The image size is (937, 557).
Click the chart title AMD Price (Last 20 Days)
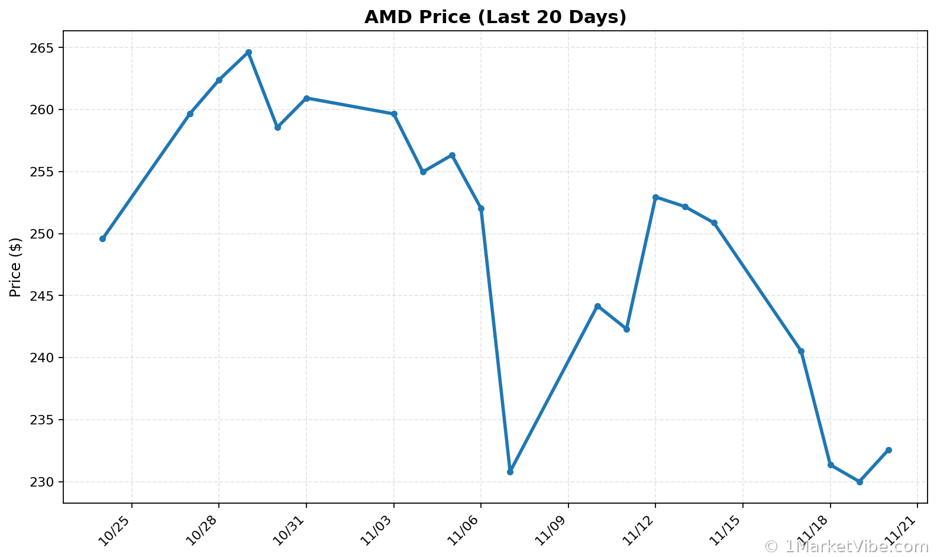pos(495,17)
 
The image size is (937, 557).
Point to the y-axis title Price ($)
pos(15,267)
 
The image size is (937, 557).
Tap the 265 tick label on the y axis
pos(42,48)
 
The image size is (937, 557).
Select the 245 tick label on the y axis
pos(42,296)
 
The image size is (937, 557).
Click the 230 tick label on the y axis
pos(42,482)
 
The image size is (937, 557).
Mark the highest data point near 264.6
pos(248,52)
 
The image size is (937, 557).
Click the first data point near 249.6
pos(102,239)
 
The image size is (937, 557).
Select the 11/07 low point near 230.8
pos(510,472)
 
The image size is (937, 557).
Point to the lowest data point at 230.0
pos(860,482)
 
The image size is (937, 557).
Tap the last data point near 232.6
pos(888,450)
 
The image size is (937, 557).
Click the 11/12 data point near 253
pos(655,197)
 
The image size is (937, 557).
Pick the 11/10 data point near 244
pos(597,306)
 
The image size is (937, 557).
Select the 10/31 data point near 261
pos(306,98)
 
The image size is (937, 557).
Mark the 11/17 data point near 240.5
pos(801,351)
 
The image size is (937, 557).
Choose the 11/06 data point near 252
pos(481,208)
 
